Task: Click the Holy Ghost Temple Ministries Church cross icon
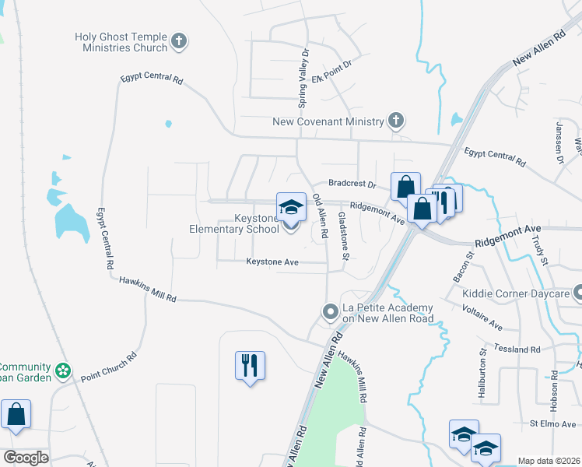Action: point(180,41)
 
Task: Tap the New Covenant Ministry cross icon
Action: point(396,121)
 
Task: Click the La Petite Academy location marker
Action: point(331,313)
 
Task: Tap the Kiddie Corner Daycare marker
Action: point(578,293)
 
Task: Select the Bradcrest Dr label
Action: point(352,184)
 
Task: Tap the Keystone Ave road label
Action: point(272,262)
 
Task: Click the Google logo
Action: point(26,458)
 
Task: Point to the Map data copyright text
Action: point(549,461)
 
